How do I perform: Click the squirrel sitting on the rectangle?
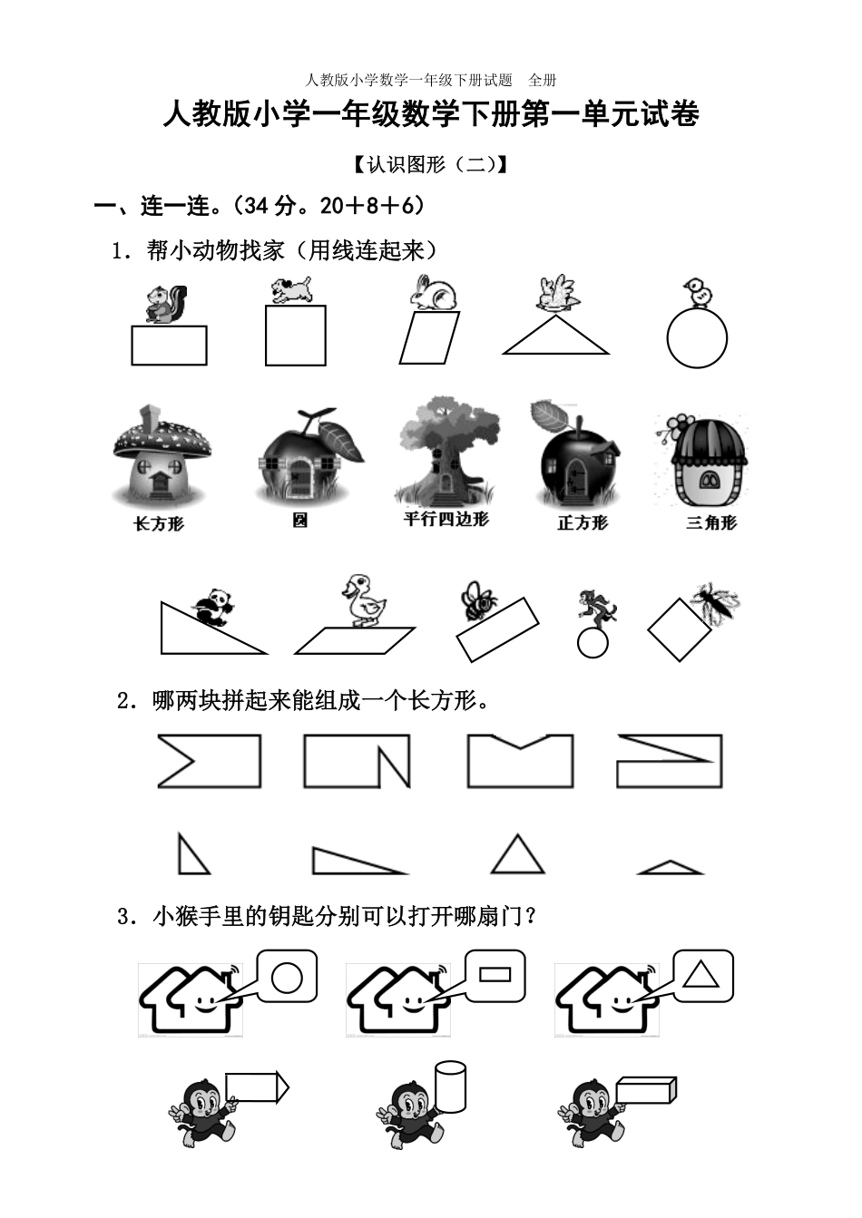click(166, 304)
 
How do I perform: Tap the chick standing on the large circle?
click(698, 293)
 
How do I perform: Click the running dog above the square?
click(292, 290)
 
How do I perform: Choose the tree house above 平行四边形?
click(446, 451)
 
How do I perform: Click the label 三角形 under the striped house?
click(711, 522)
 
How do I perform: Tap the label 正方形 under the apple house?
click(582, 523)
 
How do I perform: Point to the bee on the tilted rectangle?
click(478, 599)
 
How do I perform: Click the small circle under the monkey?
click(593, 643)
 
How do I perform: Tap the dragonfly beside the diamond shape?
click(715, 602)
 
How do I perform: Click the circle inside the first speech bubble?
click(287, 977)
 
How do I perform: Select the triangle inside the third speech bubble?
click(700, 974)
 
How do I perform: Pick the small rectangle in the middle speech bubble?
click(495, 975)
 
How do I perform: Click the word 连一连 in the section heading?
click(176, 207)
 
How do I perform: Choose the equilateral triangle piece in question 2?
click(516, 854)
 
